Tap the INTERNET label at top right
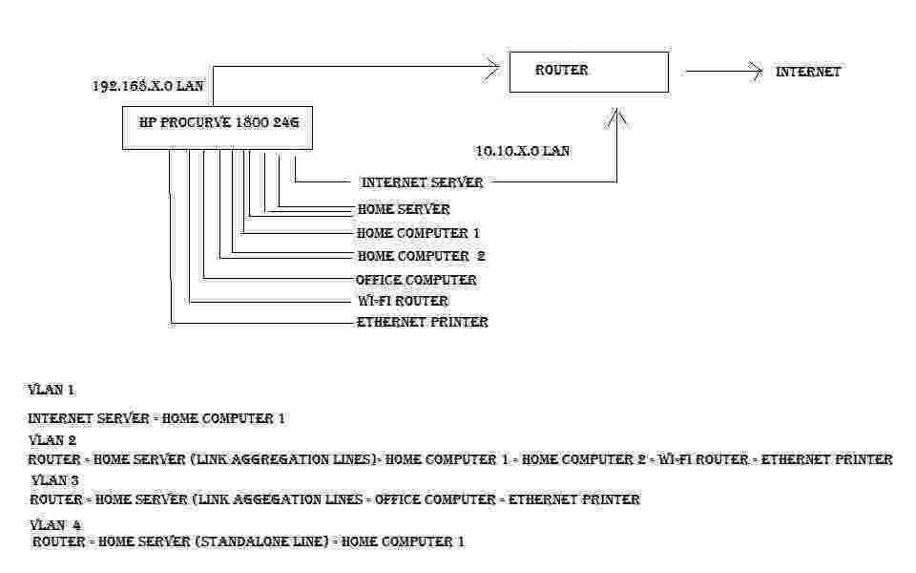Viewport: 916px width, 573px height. pyautogui.click(x=808, y=72)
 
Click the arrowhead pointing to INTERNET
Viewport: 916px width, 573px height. pyautogui.click(x=756, y=72)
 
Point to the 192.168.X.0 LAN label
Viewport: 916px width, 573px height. pyautogui.click(x=149, y=86)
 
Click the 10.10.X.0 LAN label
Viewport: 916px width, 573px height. pyautogui.click(x=523, y=151)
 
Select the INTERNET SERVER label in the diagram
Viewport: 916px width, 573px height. pyautogui.click(x=423, y=182)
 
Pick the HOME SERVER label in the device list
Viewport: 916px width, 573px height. pyautogui.click(x=404, y=209)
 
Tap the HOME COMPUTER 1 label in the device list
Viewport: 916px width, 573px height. pyautogui.click(x=418, y=233)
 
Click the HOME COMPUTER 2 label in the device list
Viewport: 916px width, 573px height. pyautogui.click(x=421, y=256)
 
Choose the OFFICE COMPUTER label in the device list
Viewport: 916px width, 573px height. pyautogui.click(x=416, y=280)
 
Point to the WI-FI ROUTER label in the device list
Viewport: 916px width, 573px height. pyautogui.click(x=403, y=301)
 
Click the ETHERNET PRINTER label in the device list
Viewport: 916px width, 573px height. pyautogui.click(x=423, y=322)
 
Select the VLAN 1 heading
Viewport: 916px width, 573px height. pyautogui.click(x=52, y=390)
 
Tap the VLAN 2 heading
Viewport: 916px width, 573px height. pyautogui.click(x=52, y=439)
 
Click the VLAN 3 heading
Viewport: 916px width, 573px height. pyautogui.click(x=55, y=480)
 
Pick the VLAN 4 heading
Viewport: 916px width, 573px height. pyautogui.click(x=55, y=524)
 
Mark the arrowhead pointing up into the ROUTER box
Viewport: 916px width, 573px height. pyautogui.click(x=616, y=117)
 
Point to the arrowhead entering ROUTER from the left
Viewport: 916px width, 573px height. pyautogui.click(x=492, y=67)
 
